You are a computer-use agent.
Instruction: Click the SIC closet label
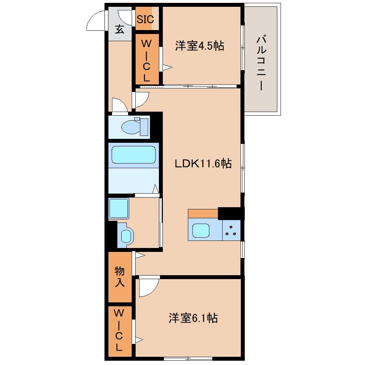[x=145, y=19]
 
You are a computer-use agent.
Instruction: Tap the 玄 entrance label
[x=120, y=29]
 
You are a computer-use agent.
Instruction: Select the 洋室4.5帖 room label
[x=199, y=46]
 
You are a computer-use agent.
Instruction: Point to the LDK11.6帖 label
[x=203, y=164]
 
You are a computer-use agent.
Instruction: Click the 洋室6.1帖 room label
[x=193, y=318]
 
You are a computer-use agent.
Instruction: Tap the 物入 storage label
[x=120, y=277]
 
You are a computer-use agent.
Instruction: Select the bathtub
[x=133, y=155]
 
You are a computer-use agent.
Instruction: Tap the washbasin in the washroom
[x=126, y=235]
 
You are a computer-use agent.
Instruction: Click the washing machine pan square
[x=119, y=208]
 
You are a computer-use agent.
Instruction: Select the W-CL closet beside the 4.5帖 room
[x=147, y=59]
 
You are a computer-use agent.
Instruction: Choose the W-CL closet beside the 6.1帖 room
[x=120, y=331]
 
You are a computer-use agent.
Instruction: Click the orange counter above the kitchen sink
[x=203, y=214]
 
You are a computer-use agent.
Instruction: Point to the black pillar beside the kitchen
[x=231, y=213]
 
